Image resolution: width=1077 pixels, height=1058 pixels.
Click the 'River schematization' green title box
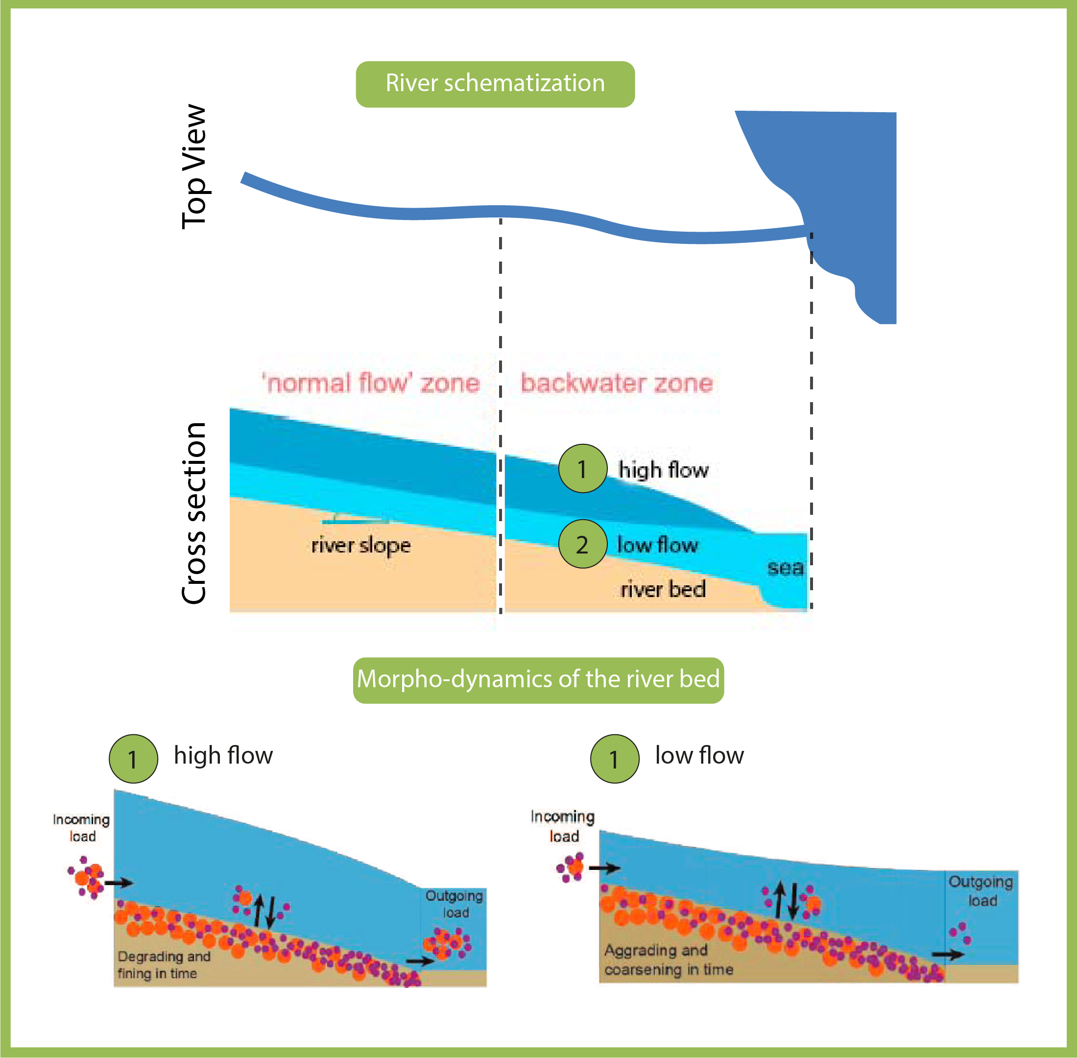(495, 84)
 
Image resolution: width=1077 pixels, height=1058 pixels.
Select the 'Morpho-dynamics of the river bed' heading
(538, 679)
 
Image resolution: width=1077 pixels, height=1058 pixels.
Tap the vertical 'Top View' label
(194, 167)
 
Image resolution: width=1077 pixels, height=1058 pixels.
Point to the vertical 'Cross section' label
(194, 513)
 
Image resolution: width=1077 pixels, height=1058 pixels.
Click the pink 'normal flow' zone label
(371, 384)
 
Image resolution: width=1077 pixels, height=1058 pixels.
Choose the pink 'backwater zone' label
(616, 384)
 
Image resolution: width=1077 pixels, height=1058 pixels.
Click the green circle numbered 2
(582, 544)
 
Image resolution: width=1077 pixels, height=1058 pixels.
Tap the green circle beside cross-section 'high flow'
(582, 468)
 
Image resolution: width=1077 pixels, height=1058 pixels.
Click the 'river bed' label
(663, 589)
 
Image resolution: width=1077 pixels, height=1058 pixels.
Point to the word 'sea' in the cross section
(785, 568)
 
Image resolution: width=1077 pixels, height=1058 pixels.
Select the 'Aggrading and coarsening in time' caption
(669, 960)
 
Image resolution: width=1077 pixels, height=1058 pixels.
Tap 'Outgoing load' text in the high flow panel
(454, 904)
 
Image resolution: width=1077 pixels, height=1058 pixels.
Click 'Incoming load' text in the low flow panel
(562, 826)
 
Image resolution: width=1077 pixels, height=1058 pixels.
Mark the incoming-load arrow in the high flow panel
(119, 883)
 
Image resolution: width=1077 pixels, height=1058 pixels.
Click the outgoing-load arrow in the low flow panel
(948, 955)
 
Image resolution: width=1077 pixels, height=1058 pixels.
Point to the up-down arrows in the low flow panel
(787, 900)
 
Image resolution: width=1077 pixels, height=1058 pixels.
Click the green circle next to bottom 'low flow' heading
(614, 759)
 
